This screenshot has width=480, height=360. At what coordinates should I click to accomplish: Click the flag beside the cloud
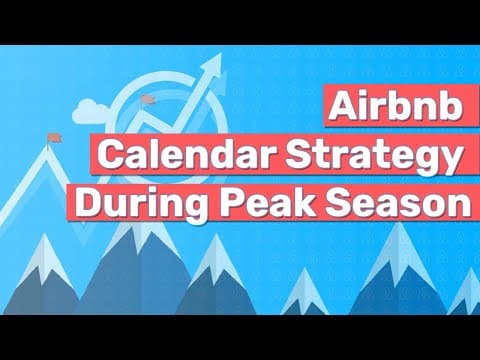148,99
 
